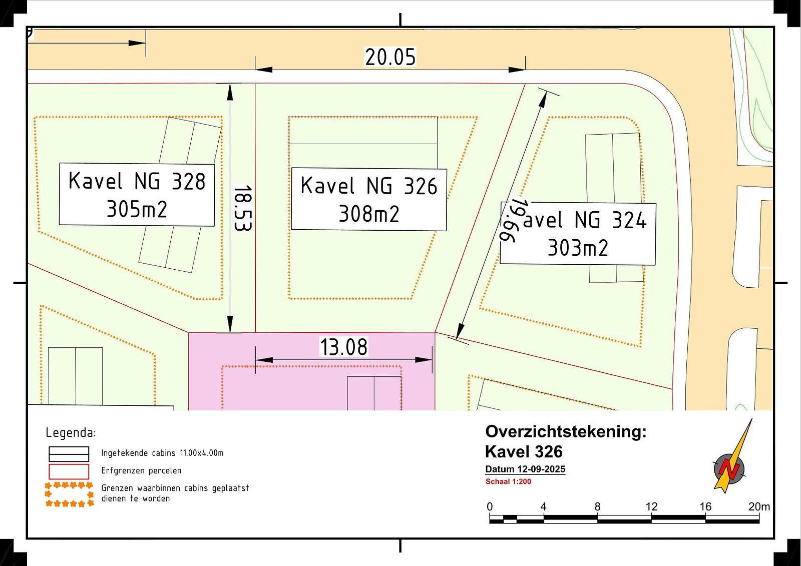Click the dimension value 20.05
(x=390, y=57)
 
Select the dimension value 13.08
(x=343, y=347)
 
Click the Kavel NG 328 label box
(x=137, y=195)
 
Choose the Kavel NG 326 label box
(x=369, y=200)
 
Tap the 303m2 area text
(x=578, y=248)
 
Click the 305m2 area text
(x=137, y=209)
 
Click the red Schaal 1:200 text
(x=508, y=481)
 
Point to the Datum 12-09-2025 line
(x=525, y=469)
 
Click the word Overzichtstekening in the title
(x=566, y=431)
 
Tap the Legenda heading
(x=71, y=433)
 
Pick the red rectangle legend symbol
(x=69, y=471)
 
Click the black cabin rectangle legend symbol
(x=69, y=454)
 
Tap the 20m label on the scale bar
(x=759, y=506)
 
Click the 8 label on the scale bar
(x=597, y=506)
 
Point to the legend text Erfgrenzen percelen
(x=141, y=470)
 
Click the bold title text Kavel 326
(x=524, y=451)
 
